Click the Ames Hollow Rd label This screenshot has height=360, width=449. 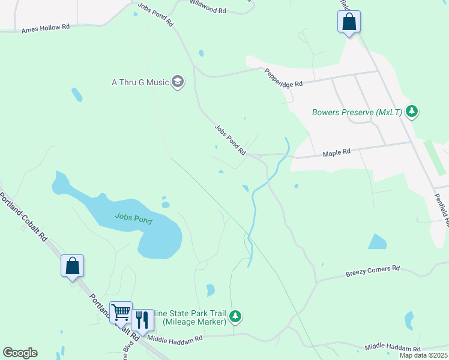tap(46, 28)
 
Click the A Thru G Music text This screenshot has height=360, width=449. tap(139, 82)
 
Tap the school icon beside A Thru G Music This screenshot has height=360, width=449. tap(177, 81)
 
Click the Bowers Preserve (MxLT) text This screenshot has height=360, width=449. tap(357, 112)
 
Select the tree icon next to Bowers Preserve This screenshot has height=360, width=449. tap(412, 111)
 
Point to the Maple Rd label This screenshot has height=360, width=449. tap(336, 153)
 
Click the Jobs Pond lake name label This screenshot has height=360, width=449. tap(133, 220)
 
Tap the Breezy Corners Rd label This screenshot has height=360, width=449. tap(372, 271)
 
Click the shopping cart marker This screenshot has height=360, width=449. tap(121, 312)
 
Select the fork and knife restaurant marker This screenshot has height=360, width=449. tap(142, 320)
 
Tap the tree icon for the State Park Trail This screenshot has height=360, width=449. tap(236, 316)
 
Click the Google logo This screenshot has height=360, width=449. tap(20, 353)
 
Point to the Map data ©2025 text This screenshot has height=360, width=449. tap(423, 355)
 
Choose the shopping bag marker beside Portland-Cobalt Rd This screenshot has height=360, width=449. tap(72, 265)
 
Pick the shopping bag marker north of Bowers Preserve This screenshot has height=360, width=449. tap(349, 22)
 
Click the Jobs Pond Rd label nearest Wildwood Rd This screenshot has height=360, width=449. tap(155, 14)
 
